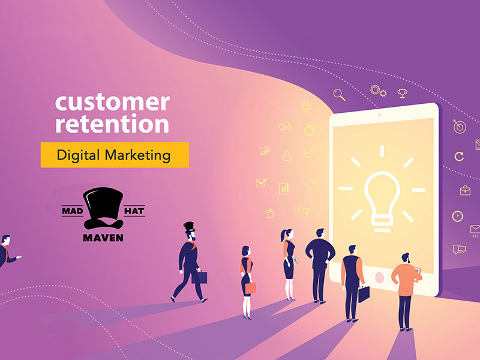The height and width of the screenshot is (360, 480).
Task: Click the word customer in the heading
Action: tap(112, 102)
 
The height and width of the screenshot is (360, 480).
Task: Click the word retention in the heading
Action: tap(112, 124)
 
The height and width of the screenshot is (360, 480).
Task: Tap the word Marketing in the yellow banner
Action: tap(137, 155)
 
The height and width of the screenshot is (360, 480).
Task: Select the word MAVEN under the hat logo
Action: tap(103, 238)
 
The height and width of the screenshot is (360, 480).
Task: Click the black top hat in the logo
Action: tap(103, 208)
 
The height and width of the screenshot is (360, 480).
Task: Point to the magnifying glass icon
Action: tap(339, 95)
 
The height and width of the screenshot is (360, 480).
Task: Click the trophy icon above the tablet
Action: tap(402, 93)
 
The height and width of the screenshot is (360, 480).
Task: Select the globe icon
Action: tap(306, 107)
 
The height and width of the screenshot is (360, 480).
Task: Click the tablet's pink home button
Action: tap(380, 278)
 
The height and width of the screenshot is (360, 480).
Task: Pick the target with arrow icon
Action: tap(459, 126)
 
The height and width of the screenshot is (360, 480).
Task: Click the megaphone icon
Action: tap(302, 211)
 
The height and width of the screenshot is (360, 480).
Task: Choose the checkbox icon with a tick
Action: tap(261, 183)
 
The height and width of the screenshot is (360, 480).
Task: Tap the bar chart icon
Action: tap(284, 188)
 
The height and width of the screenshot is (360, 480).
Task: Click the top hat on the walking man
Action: tap(189, 227)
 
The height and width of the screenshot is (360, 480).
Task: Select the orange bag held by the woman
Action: tap(251, 288)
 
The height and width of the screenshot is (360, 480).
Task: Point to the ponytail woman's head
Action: tap(287, 236)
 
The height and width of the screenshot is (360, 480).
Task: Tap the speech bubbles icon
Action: tap(459, 250)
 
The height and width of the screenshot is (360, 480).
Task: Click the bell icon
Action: tap(271, 214)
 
